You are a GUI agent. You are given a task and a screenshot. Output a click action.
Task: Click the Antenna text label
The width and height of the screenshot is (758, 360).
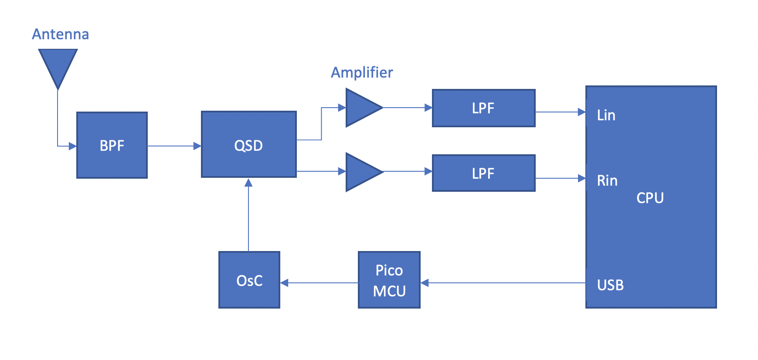tap(60, 34)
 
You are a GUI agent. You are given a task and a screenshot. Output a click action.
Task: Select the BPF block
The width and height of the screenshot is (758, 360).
tap(112, 145)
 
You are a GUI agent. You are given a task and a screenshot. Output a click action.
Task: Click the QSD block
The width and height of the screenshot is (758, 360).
tap(248, 145)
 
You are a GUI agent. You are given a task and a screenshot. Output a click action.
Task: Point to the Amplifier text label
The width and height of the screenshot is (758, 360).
tap(362, 72)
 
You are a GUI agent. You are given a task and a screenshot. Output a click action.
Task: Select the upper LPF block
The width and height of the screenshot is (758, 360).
tap(483, 108)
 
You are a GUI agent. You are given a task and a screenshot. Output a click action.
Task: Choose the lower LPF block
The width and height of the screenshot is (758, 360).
tap(483, 173)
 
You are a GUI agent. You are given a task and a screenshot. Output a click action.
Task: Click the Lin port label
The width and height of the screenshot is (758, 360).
tap(606, 115)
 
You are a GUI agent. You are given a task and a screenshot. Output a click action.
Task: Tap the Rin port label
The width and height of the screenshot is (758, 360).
tap(607, 180)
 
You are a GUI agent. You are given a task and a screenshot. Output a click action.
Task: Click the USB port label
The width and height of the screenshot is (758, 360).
tap(610, 285)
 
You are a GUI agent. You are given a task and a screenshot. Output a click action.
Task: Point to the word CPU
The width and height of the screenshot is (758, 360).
tap(650, 198)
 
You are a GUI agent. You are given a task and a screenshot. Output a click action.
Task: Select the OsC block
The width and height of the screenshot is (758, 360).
tap(249, 280)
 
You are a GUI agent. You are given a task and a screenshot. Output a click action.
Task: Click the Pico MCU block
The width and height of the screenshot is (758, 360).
tap(389, 280)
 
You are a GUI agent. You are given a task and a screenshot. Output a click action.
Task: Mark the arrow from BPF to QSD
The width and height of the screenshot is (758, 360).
tap(174, 146)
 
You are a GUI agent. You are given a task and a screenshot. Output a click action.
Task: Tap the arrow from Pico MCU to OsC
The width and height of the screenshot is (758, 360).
tap(319, 283)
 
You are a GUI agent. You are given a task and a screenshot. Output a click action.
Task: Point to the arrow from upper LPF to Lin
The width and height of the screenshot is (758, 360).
tap(560, 112)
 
